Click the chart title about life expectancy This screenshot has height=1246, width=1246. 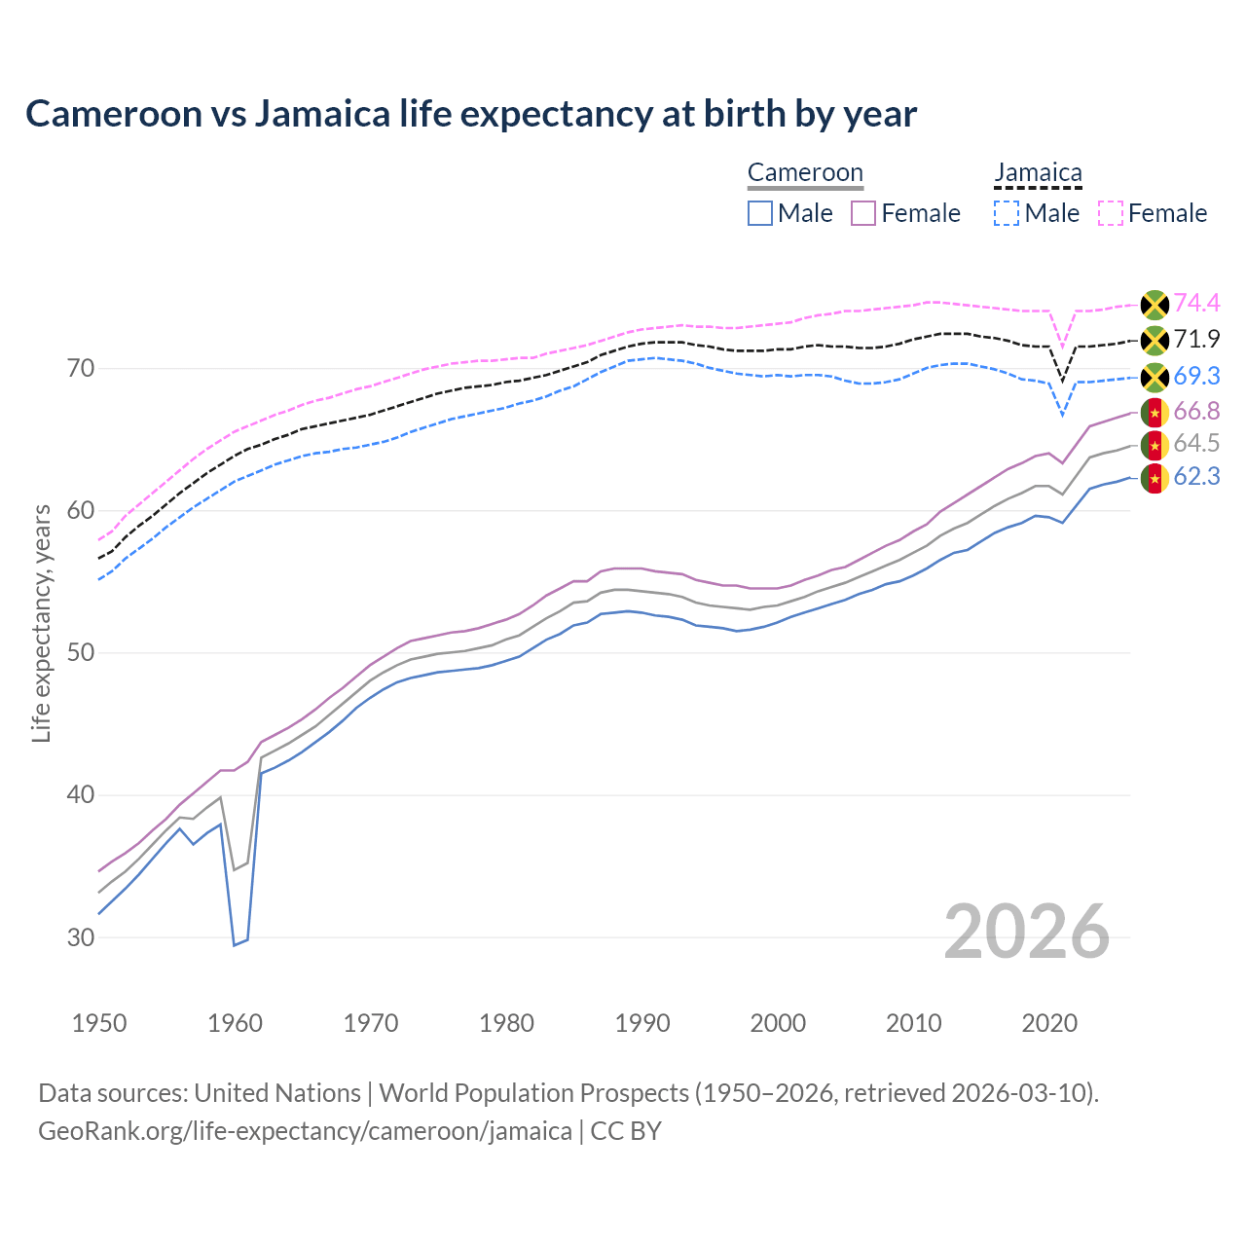471,114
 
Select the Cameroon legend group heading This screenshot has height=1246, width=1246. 805,173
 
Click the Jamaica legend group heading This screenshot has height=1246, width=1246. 1038,173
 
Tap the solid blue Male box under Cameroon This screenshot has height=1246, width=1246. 760,213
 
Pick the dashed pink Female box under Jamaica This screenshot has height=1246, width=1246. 1111,213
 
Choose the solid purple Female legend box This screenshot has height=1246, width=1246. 863,213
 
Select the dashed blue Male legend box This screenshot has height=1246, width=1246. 1007,213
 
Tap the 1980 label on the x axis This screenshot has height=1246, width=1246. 506,1023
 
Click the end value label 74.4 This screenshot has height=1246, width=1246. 1196,303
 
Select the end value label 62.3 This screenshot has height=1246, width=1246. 1196,476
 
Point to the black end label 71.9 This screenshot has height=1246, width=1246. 1196,339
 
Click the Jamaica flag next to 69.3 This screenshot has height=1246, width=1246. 1154,377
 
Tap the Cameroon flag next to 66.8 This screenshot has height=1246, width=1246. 1154,413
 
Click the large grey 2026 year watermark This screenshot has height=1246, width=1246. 1027,932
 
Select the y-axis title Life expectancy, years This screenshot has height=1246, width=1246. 41,623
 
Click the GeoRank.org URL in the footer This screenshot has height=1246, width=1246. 305,1131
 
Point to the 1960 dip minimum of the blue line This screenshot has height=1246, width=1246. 235,944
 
